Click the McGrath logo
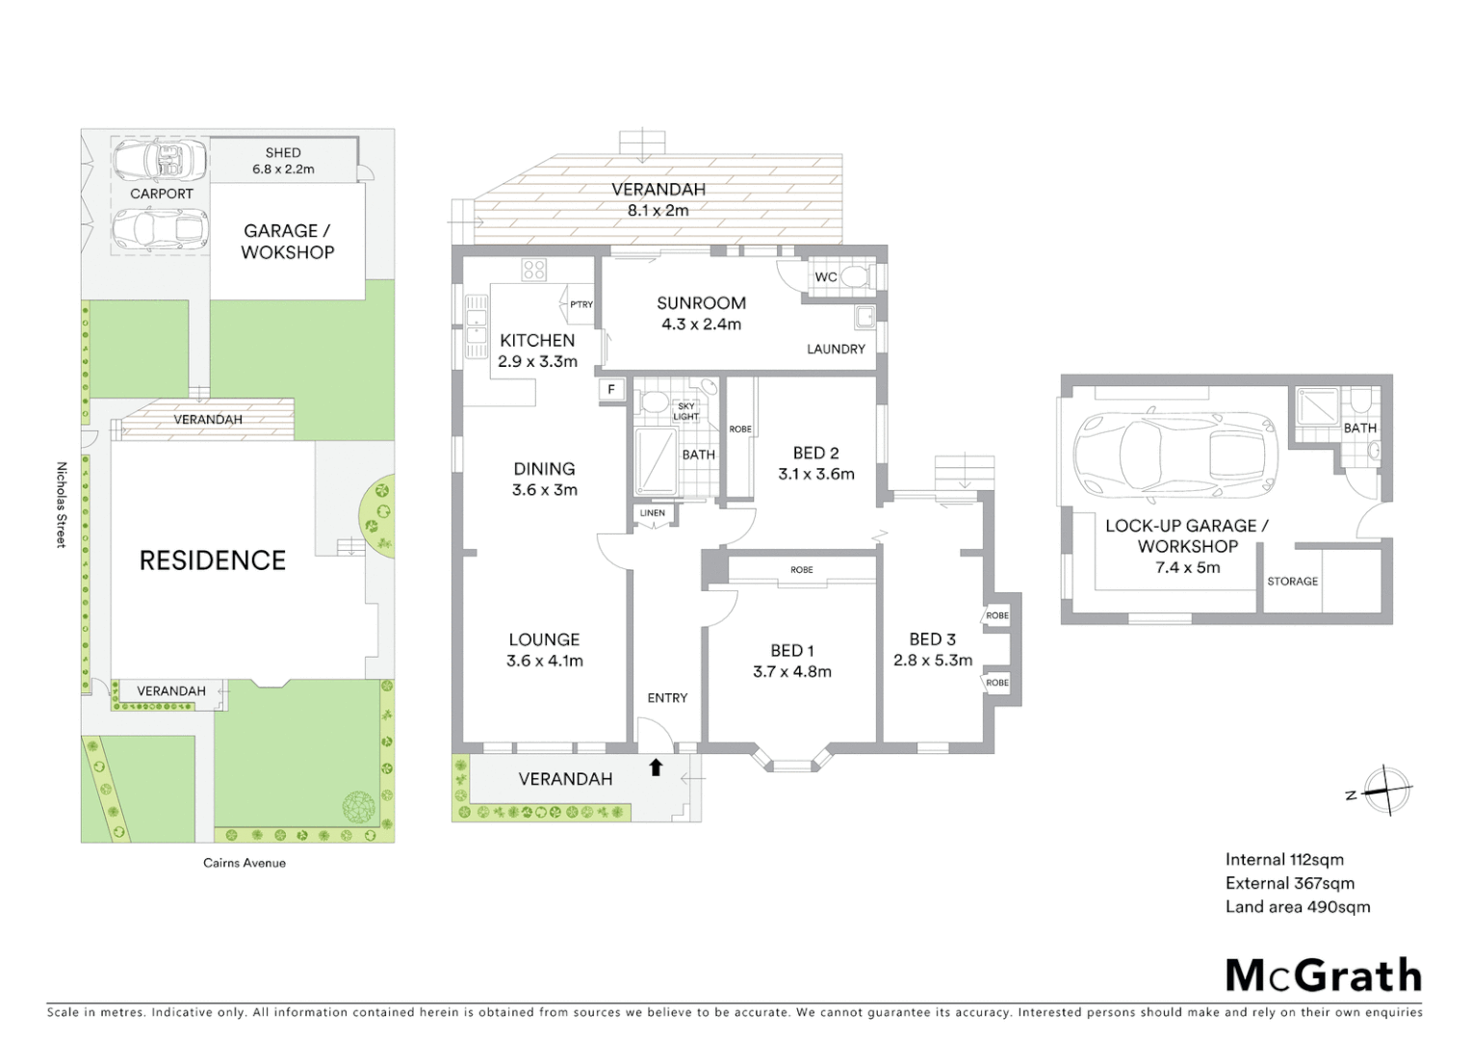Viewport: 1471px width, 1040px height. click(x=1324, y=975)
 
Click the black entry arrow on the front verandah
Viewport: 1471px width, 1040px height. click(x=656, y=767)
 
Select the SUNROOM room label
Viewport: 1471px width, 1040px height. click(x=701, y=303)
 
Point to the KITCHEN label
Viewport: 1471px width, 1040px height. click(x=537, y=341)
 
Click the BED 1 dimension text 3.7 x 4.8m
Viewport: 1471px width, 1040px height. click(x=791, y=672)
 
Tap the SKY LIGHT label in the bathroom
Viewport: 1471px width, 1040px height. click(x=685, y=412)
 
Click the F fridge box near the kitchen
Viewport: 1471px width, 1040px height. click(x=610, y=390)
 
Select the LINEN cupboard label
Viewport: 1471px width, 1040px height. click(x=652, y=513)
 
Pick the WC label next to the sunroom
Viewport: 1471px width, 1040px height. click(x=825, y=277)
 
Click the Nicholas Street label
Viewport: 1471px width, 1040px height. click(x=61, y=505)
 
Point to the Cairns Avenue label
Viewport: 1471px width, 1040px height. click(x=245, y=863)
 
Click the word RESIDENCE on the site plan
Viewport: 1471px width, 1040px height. click(x=213, y=560)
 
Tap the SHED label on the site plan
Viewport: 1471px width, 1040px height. click(x=283, y=153)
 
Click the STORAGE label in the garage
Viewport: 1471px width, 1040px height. click(x=1292, y=582)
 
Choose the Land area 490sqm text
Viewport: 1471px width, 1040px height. click(x=1297, y=906)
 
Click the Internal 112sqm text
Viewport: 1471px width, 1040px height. click(x=1284, y=860)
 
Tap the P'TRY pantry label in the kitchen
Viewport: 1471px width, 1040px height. click(x=581, y=304)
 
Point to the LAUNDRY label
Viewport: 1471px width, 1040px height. click(x=836, y=350)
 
